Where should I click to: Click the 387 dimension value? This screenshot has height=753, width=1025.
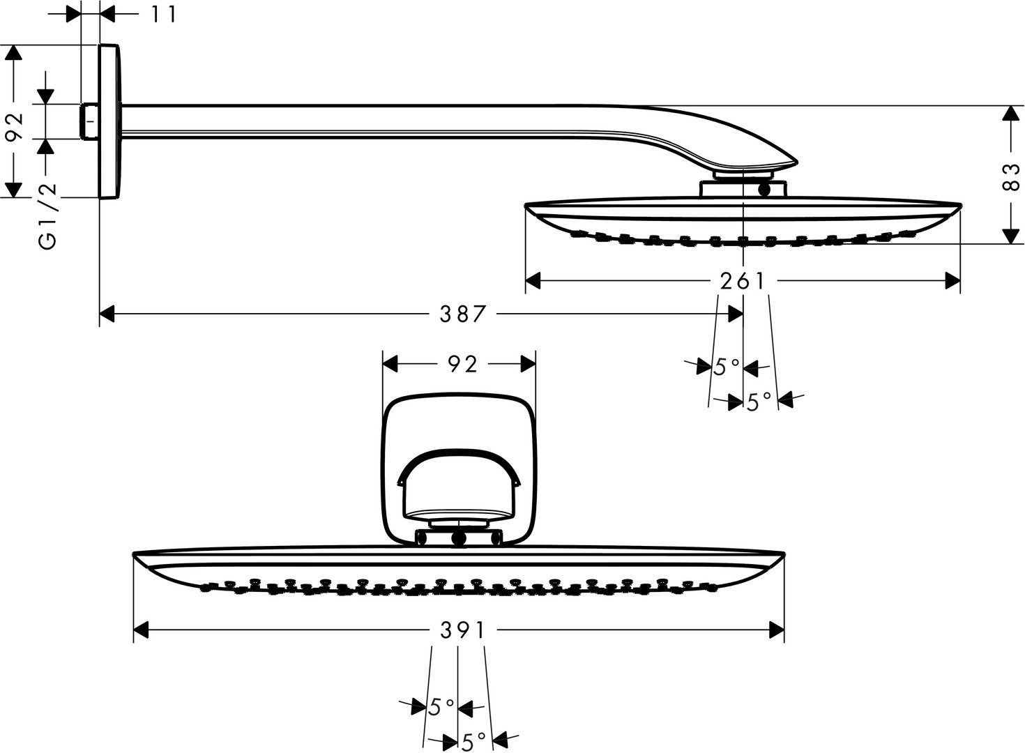462,314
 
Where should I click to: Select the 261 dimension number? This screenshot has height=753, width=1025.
742,281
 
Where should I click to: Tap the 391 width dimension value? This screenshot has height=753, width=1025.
462,631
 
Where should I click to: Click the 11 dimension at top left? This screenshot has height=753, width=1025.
163,15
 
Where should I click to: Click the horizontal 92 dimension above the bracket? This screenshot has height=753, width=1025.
462,365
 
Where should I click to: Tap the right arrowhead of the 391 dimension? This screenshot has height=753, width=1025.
777,630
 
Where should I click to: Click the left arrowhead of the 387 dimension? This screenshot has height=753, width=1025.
107,314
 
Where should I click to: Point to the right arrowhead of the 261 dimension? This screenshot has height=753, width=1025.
952,280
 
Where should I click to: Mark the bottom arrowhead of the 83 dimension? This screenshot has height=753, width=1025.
1011,236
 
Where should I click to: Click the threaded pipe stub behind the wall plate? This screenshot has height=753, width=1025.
90,121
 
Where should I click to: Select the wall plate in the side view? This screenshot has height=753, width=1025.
110,121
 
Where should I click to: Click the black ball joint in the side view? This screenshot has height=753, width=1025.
764,190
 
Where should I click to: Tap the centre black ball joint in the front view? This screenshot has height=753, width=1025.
459,539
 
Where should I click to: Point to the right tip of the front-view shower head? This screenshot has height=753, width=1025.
784,554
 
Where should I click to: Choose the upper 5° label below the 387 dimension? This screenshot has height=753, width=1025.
726,367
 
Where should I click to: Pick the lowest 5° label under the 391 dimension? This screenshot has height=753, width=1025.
473,742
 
